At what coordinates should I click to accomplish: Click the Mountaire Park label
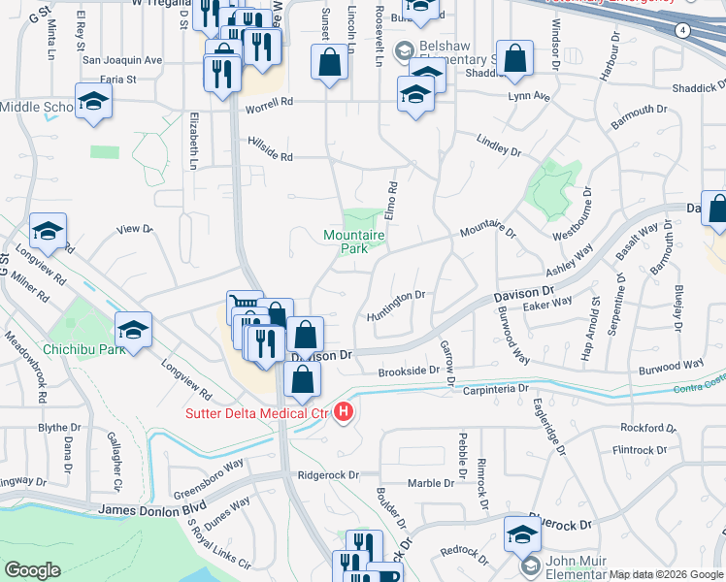pyautogui.click(x=354, y=242)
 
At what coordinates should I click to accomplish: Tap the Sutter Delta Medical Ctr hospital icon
pyautogui.click(x=343, y=414)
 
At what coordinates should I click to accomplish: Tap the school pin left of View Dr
pyautogui.click(x=48, y=232)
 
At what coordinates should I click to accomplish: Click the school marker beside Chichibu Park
pyautogui.click(x=133, y=329)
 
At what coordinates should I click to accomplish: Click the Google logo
pyautogui.click(x=32, y=570)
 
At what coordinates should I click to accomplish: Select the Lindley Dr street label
pyautogui.click(x=499, y=145)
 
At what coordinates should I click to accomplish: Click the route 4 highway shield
pyautogui.click(x=682, y=30)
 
